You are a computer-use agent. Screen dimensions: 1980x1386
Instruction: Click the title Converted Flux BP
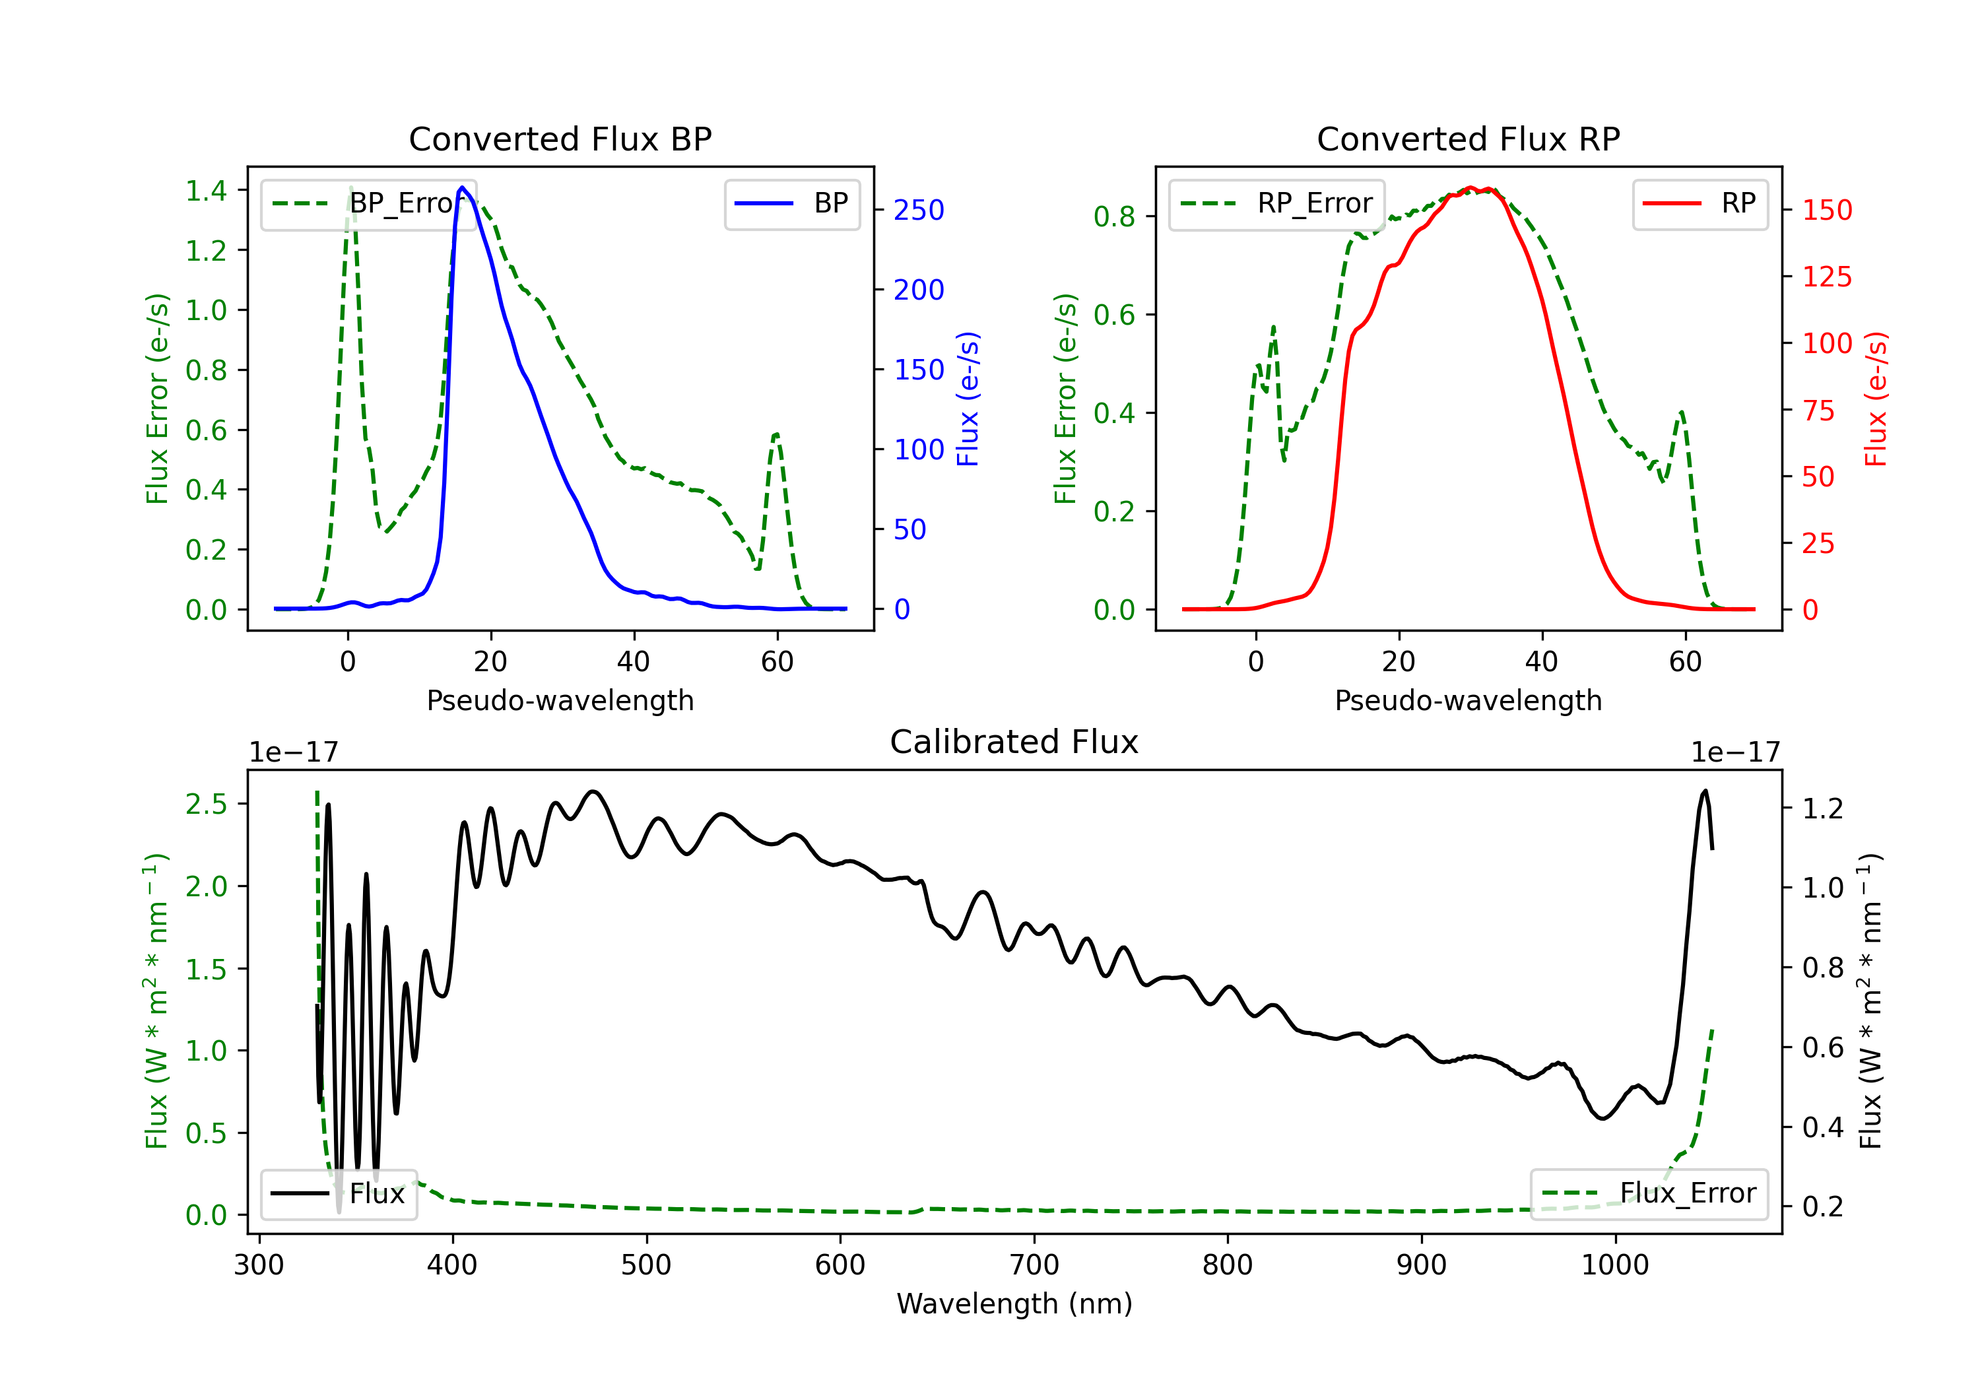point(560,139)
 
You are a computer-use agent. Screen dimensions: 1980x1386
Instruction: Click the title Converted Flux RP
point(1468,139)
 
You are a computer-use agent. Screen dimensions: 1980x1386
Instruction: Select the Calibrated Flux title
point(1014,742)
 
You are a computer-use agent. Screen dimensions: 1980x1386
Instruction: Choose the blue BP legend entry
point(791,203)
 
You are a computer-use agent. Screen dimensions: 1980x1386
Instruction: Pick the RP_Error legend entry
point(1276,203)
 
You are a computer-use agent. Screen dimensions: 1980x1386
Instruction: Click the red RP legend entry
point(1699,203)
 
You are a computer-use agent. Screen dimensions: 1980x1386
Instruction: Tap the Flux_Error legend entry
point(1649,1194)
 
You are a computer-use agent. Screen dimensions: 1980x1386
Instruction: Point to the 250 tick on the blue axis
point(919,210)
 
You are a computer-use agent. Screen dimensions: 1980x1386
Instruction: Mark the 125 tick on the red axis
point(1826,277)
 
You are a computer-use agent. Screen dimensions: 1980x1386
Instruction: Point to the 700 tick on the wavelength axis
point(1034,1265)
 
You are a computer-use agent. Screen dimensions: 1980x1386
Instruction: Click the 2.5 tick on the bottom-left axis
point(206,804)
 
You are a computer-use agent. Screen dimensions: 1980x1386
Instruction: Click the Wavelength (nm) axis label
point(1014,1303)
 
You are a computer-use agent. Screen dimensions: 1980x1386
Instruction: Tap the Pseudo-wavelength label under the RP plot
point(1468,700)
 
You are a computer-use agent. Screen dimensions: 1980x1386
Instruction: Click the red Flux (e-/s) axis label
point(1876,399)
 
